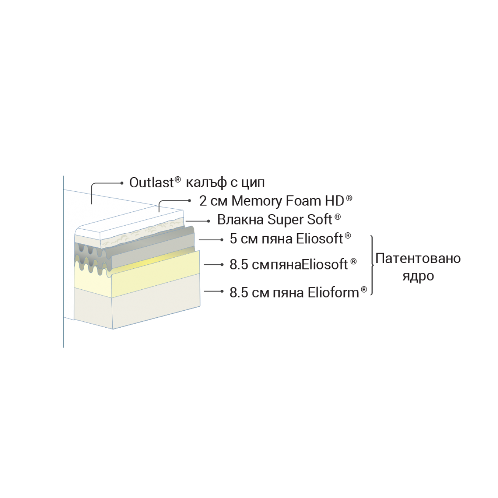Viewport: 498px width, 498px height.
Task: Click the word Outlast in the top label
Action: point(151,183)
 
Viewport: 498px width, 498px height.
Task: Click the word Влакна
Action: point(234,219)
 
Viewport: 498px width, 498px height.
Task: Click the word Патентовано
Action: point(418,259)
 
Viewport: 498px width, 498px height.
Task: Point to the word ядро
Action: point(418,275)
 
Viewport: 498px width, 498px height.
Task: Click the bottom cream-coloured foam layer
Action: point(158,304)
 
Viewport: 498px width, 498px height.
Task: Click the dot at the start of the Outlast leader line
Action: point(121,183)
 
